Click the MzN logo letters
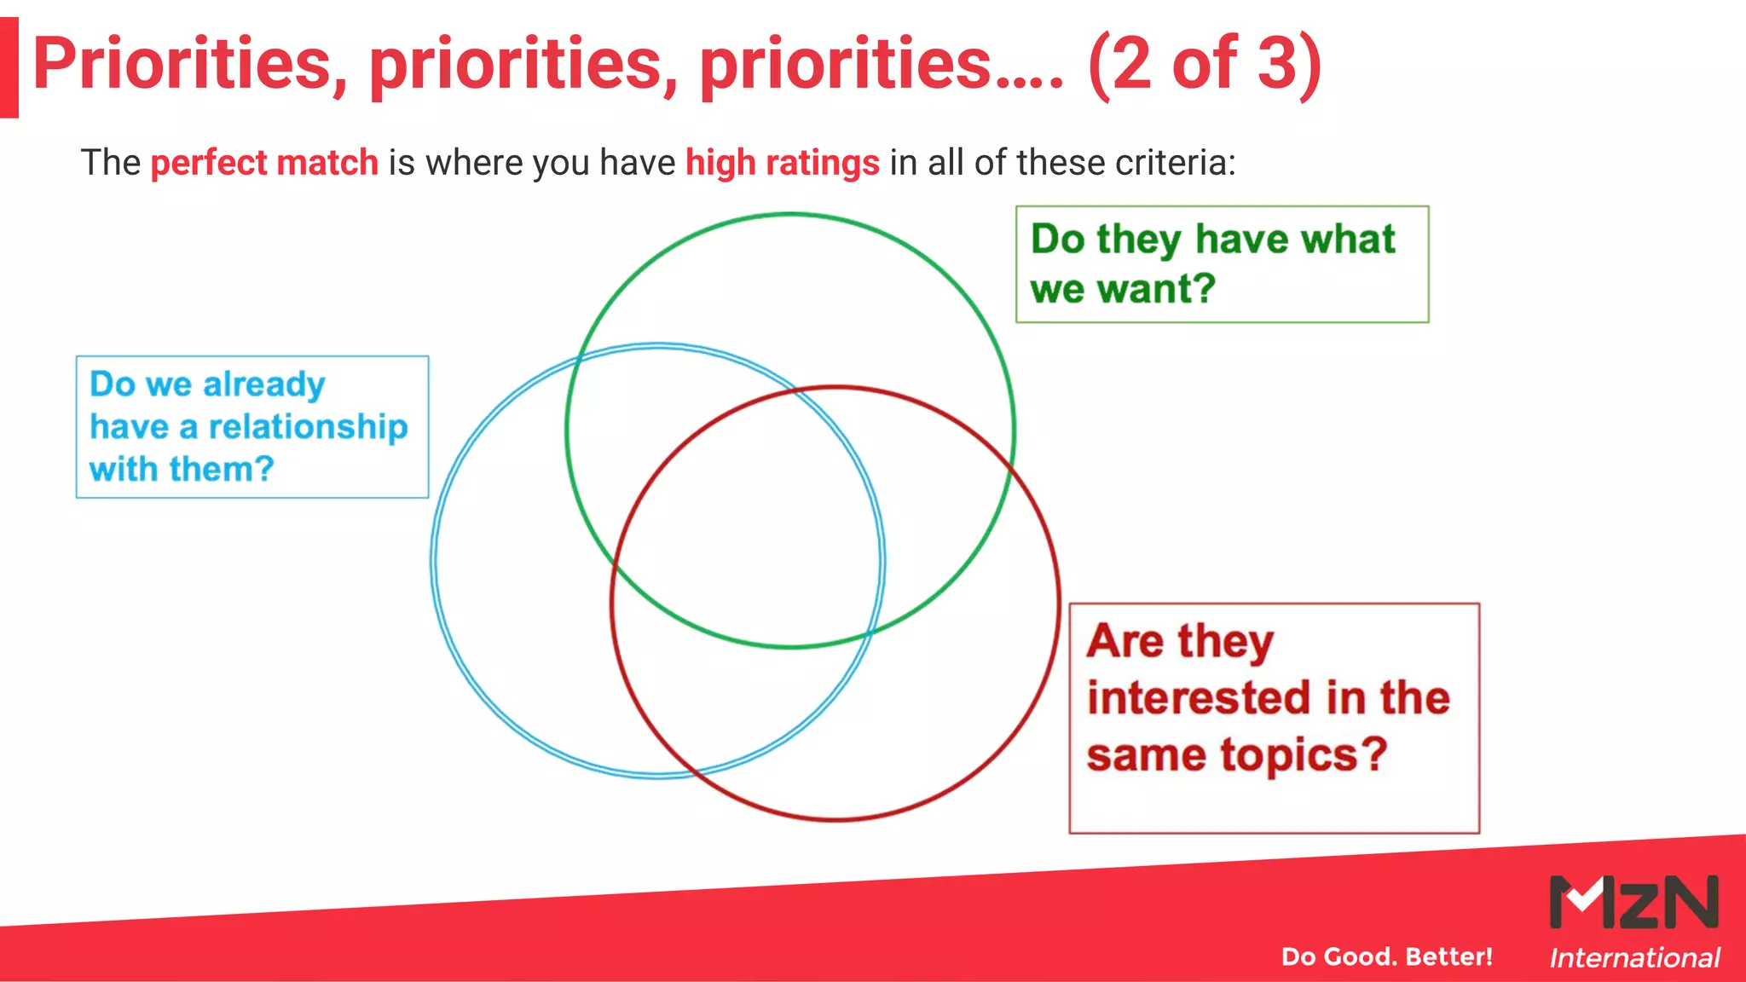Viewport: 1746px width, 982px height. pyautogui.click(x=1633, y=902)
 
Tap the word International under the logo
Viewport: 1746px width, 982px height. pyautogui.click(x=1633, y=958)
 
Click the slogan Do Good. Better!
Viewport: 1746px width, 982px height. pyautogui.click(x=1386, y=956)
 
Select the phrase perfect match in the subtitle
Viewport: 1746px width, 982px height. pyautogui.click(x=264, y=162)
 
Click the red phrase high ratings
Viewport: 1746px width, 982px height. pyautogui.click(x=782, y=162)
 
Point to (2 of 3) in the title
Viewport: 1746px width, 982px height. pyautogui.click(x=1204, y=64)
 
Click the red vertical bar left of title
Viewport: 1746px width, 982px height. pyautogui.click(x=9, y=66)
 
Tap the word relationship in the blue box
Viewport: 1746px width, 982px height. pyautogui.click(x=308, y=426)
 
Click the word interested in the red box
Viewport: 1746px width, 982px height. pyautogui.click(x=1188, y=697)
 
